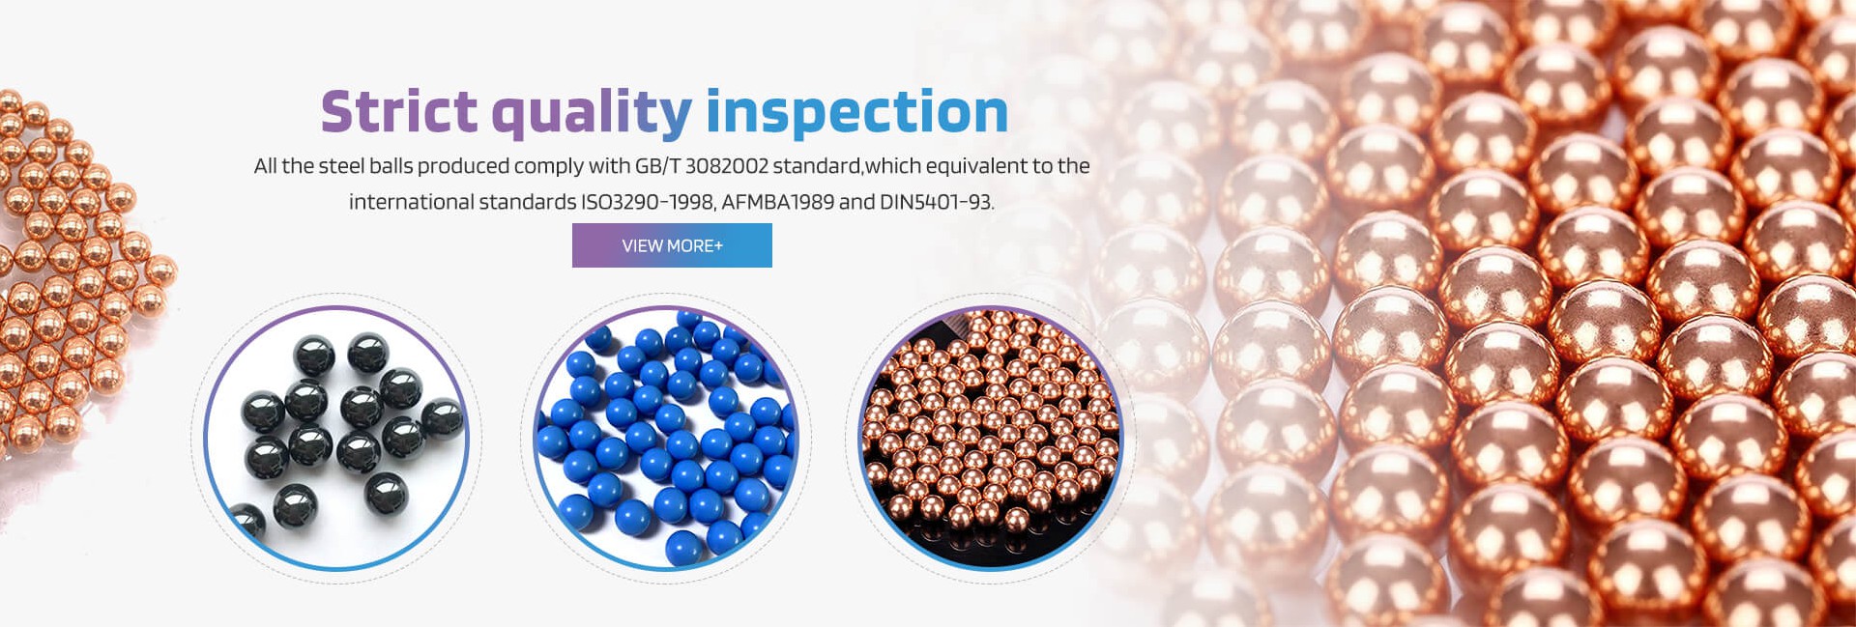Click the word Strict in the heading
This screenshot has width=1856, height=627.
coord(399,111)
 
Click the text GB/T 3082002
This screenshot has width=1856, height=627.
coord(701,166)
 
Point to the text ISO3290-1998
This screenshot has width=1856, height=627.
coord(648,202)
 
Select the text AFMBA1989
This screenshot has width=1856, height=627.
coord(777,202)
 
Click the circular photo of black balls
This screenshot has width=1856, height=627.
coord(336,438)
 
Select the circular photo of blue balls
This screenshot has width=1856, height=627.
coord(666,438)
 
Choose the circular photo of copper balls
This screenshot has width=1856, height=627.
coord(991,438)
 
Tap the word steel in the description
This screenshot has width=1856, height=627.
coord(341,166)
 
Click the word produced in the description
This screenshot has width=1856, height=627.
coord(463,166)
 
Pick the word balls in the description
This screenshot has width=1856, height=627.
coord(391,166)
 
